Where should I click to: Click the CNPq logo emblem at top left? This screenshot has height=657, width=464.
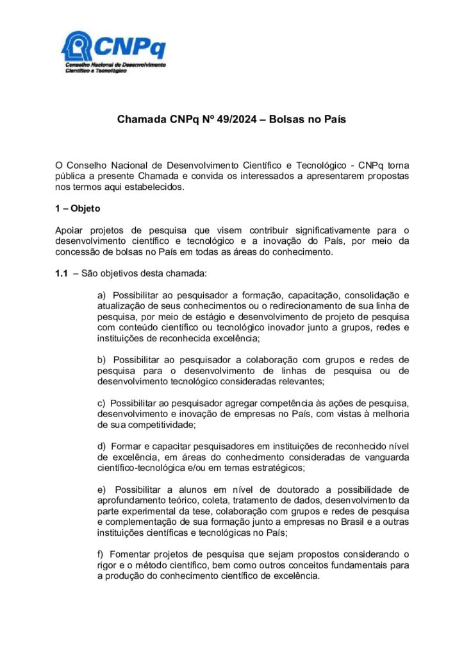pyautogui.click(x=77, y=46)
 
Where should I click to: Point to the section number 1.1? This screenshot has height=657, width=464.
pyautogui.click(x=62, y=274)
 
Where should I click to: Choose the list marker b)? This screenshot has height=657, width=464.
pyautogui.click(x=101, y=360)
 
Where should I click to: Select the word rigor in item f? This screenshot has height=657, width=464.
pyautogui.click(x=108, y=565)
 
